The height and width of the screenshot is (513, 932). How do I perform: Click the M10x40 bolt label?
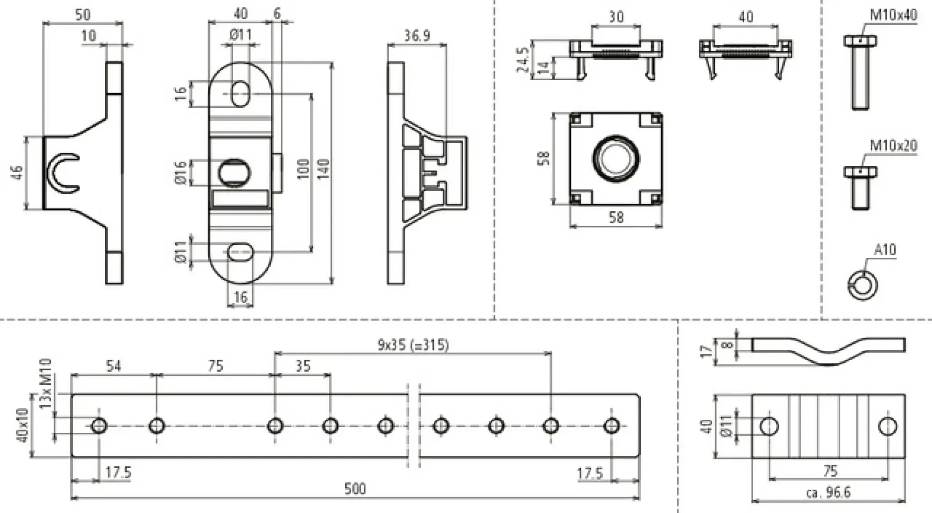coord(893,15)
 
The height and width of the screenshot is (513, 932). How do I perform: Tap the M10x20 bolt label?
coord(893,146)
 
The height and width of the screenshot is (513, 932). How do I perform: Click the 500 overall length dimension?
coord(355,489)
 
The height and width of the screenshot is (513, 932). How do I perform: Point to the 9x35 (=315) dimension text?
coord(413,345)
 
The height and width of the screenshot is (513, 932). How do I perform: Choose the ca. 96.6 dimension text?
coord(828,492)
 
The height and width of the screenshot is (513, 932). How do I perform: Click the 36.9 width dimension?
coord(417,36)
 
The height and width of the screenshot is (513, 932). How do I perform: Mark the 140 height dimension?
coord(323,169)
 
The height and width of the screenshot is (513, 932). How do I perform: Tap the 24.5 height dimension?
coord(523,59)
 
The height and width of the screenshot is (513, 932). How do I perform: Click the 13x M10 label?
coord(46,383)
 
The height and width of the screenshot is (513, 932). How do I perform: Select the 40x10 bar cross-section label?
coord(22,425)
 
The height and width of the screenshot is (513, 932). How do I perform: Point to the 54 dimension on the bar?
coord(113,366)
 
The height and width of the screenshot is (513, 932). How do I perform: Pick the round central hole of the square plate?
coord(615,158)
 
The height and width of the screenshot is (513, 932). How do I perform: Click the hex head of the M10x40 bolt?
coord(860,41)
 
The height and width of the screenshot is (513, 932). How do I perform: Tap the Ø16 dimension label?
coord(181,173)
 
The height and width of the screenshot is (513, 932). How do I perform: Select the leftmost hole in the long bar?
coord(99,426)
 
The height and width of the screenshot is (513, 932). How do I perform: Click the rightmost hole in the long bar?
coord(611,426)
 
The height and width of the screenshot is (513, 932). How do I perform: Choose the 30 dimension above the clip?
coord(616,17)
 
